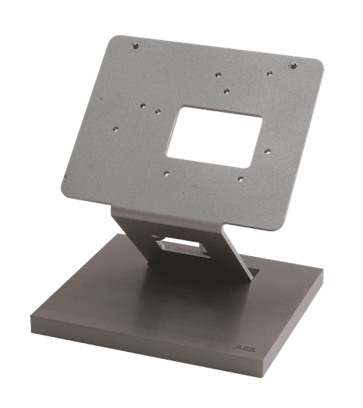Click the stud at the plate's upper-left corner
click(x=135, y=45)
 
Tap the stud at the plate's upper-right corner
click(x=294, y=64)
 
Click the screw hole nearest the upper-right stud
click(x=269, y=73)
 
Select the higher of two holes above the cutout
click(x=218, y=76)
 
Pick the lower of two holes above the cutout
click(x=226, y=91)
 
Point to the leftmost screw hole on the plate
click(x=115, y=128)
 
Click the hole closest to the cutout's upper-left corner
click(x=158, y=112)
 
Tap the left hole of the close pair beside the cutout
click(x=143, y=106)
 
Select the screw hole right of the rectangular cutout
click(x=268, y=151)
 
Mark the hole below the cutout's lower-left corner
click(x=166, y=173)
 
